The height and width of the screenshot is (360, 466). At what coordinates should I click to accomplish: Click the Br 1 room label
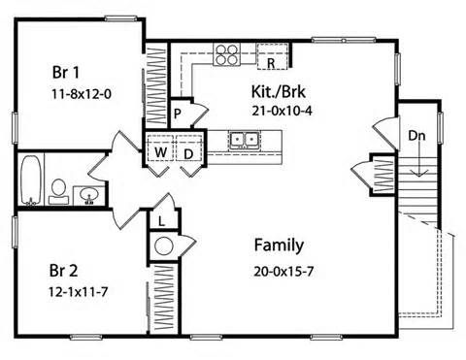(x=66, y=72)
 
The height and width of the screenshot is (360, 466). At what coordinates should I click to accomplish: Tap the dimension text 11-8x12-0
(x=82, y=94)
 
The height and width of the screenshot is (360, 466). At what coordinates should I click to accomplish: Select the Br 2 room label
(x=63, y=271)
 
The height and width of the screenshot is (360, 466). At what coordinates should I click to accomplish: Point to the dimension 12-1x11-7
(x=78, y=292)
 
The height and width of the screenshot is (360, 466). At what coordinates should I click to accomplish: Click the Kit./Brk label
(x=279, y=91)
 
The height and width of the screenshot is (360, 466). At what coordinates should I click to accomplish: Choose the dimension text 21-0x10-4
(x=282, y=111)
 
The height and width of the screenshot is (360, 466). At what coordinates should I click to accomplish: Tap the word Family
(x=279, y=245)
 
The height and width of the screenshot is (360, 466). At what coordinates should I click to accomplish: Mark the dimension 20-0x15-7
(x=283, y=272)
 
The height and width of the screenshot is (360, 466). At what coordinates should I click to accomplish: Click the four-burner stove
(x=226, y=54)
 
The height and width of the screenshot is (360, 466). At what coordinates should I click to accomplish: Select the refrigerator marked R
(x=273, y=56)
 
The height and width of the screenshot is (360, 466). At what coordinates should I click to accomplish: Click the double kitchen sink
(x=245, y=140)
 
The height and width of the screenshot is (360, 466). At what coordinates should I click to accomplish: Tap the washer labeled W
(x=160, y=147)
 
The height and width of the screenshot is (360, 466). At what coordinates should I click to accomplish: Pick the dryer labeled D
(x=189, y=147)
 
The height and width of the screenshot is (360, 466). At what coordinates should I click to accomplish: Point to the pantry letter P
(x=177, y=115)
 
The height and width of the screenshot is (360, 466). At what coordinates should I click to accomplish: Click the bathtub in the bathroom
(x=31, y=180)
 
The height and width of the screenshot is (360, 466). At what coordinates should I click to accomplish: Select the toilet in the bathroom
(x=58, y=192)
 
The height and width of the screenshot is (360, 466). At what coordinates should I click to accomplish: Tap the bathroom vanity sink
(x=89, y=195)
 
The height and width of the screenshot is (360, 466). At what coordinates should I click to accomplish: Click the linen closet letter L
(x=162, y=221)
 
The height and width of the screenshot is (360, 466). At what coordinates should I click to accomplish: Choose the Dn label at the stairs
(x=416, y=136)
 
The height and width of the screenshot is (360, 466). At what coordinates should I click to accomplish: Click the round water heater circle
(x=164, y=246)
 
